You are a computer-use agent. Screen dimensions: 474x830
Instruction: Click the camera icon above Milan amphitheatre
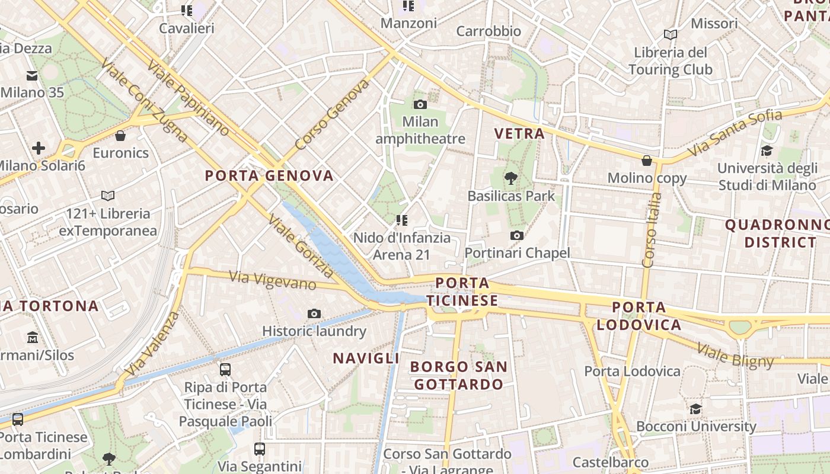click(420, 105)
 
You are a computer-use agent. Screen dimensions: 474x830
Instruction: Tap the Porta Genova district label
click(269, 176)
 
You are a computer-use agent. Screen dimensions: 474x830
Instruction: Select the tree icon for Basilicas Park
click(510, 178)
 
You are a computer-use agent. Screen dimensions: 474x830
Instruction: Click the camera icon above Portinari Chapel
click(517, 236)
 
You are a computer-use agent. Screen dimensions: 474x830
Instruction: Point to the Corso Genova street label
click(331, 114)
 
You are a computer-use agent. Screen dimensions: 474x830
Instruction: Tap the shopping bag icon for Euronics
click(120, 136)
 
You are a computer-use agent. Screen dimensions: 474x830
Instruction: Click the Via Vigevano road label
click(272, 280)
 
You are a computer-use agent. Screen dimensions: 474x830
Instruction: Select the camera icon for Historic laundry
click(314, 313)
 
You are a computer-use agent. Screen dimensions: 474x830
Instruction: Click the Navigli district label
click(366, 358)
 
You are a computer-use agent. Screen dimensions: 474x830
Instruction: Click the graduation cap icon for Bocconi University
click(695, 409)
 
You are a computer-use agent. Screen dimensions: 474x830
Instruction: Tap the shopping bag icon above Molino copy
click(647, 161)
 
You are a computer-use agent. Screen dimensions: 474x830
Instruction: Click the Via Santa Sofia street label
click(735, 133)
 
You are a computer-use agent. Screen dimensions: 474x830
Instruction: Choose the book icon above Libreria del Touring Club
click(671, 35)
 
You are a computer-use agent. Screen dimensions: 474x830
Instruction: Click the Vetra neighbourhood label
click(520, 133)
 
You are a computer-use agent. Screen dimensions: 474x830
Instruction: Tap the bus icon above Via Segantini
click(260, 449)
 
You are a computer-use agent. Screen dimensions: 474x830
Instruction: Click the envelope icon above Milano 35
click(32, 76)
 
